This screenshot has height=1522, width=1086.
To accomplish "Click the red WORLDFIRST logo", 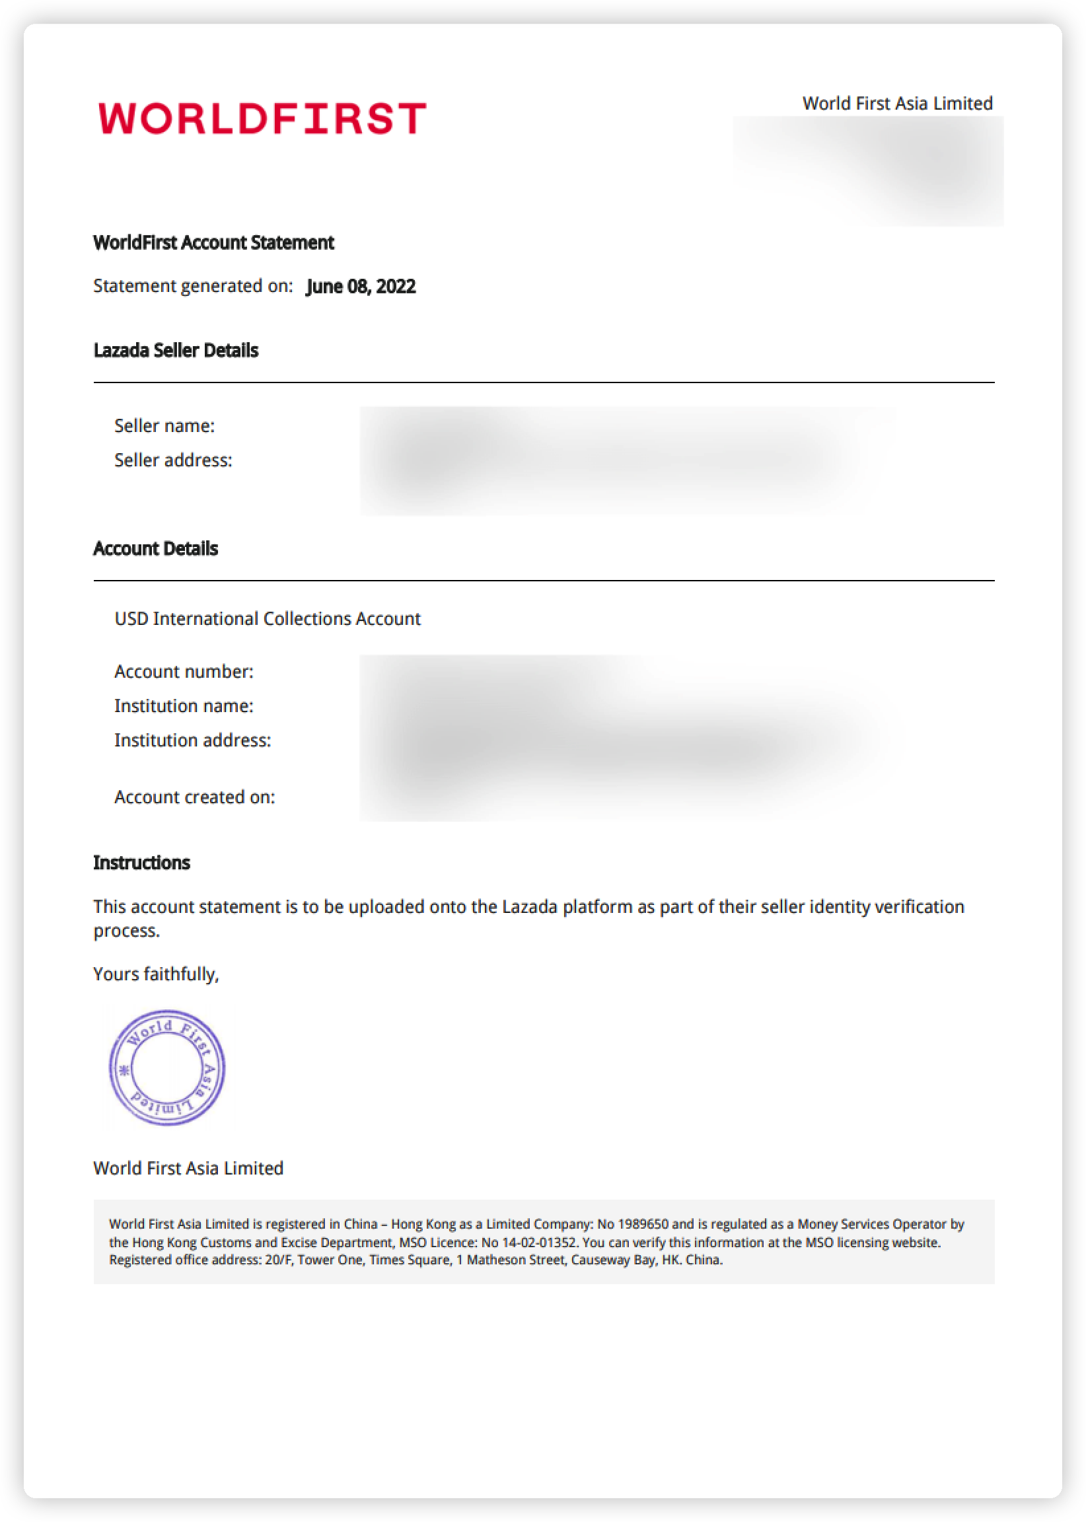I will pos(262,118).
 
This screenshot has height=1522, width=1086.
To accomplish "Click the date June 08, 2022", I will pos(361,286).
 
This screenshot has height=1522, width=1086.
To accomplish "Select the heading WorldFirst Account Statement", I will pos(213,242).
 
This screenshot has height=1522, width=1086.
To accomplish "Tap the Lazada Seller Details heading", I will pos(176,350).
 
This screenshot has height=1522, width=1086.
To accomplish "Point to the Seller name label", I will pos(164,426).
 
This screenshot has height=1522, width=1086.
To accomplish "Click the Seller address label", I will pos(173,460).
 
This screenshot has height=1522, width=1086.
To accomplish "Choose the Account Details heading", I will pos(156,548).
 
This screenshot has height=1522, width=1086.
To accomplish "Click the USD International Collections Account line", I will pos(268,618).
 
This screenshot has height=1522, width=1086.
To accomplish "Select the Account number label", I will pos(184,671).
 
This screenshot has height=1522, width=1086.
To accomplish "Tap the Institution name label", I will pos(184,706).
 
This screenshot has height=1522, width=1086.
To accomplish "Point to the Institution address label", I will pos(193,741).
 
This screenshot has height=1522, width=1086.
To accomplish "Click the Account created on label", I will pos(195,797).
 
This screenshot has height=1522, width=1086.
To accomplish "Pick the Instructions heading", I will pos(142,863).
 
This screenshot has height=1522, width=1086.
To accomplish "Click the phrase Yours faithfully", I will pos(156,974).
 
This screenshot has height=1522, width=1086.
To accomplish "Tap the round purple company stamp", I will pos(167,1068).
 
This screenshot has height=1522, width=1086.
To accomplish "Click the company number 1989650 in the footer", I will pos(643,1225).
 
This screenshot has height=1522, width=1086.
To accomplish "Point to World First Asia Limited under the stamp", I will pos(188,1168).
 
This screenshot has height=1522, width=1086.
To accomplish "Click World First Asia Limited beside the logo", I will pos(898,104).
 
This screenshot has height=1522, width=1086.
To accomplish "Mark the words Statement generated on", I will pos(193,286).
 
